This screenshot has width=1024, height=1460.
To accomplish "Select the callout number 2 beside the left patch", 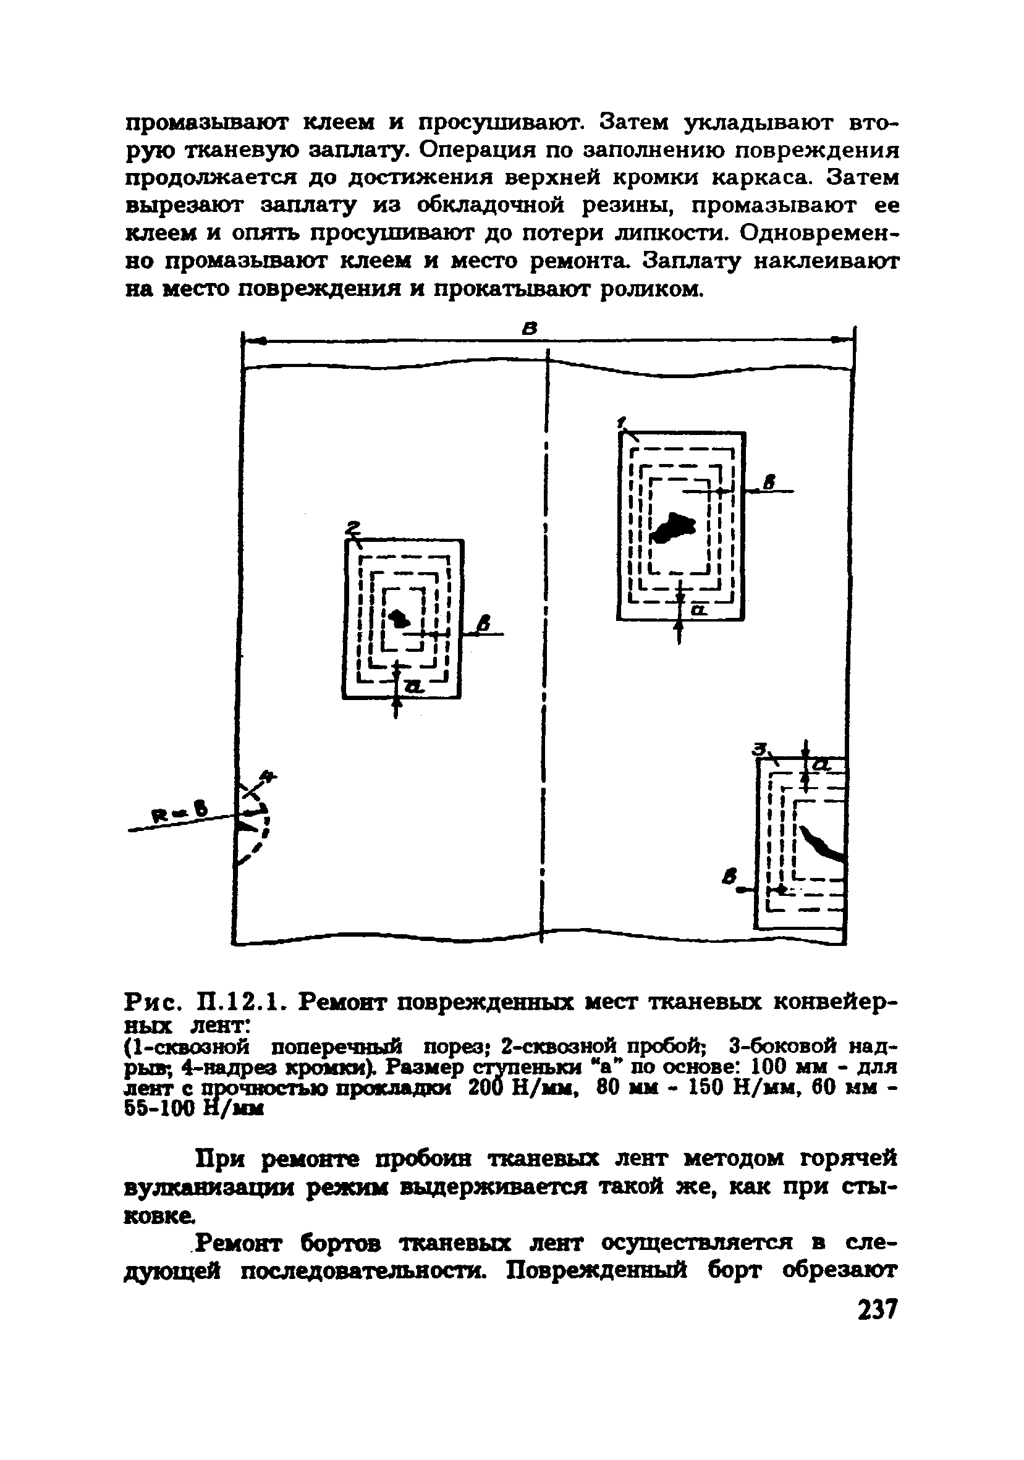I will [x=352, y=527].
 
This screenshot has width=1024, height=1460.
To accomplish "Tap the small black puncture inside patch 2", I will [x=399, y=617].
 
